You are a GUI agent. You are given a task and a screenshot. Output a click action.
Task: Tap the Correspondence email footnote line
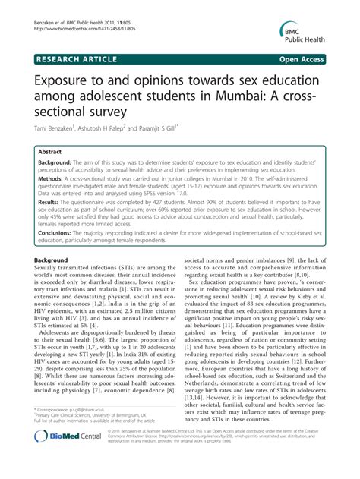click(76, 430)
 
